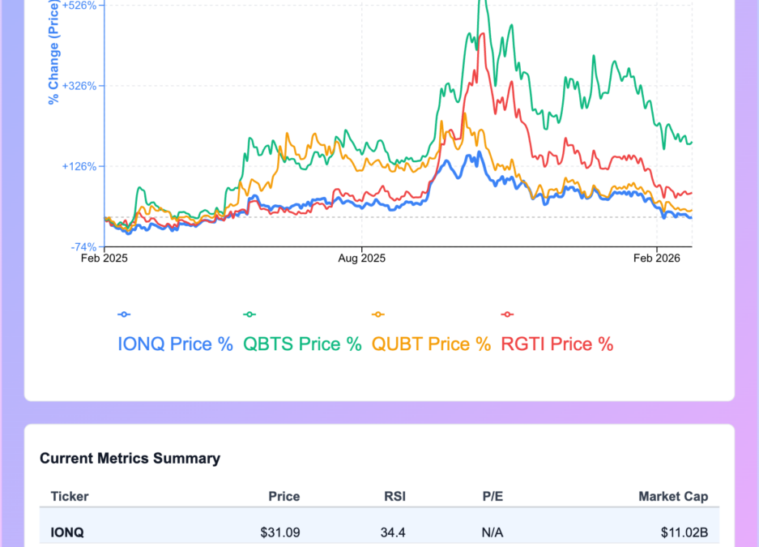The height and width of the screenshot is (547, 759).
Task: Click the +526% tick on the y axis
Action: pyautogui.click(x=81, y=5)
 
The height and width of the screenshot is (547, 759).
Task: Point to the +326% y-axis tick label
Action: pyautogui.click(x=81, y=86)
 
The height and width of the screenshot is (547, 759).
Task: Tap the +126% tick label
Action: pyautogui.click(x=81, y=167)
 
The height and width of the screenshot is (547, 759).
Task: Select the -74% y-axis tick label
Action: pyautogui.click(x=84, y=247)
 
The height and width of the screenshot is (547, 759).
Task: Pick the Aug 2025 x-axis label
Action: pyautogui.click(x=361, y=259)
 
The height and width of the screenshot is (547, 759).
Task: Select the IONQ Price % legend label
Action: pyautogui.click(x=176, y=344)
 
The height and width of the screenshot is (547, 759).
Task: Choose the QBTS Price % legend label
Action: pyautogui.click(x=302, y=344)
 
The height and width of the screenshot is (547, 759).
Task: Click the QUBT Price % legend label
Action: pyautogui.click(x=431, y=344)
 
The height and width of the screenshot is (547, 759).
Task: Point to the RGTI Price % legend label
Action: pyautogui.click(x=557, y=344)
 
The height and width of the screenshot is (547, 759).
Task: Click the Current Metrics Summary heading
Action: pyautogui.click(x=130, y=459)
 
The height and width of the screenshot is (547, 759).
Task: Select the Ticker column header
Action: pyautogui.click(x=70, y=496)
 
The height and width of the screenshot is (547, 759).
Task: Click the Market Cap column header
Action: pyautogui.click(x=678, y=496)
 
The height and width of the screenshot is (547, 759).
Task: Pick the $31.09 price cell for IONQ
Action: pyautogui.click(x=280, y=533)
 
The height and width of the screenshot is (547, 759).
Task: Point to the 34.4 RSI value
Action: pyautogui.click(x=393, y=533)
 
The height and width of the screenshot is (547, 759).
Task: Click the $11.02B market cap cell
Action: pyautogui.click(x=684, y=533)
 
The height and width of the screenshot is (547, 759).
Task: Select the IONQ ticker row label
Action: pyautogui.click(x=67, y=533)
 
